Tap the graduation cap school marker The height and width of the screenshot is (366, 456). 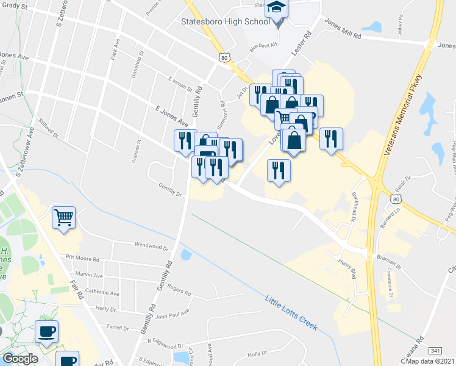pos(276,9)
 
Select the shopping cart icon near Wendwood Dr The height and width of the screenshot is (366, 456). pos(63,217)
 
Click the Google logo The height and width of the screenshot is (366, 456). pos(20,359)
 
